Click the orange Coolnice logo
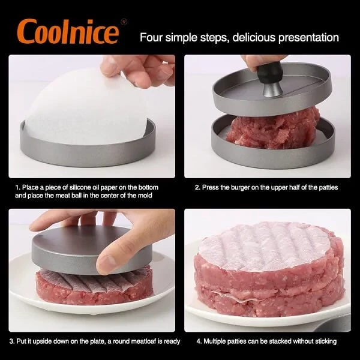68,31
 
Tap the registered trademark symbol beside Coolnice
124,22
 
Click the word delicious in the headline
253,37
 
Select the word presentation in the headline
308,38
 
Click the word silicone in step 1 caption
80,187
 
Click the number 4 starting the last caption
199,341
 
